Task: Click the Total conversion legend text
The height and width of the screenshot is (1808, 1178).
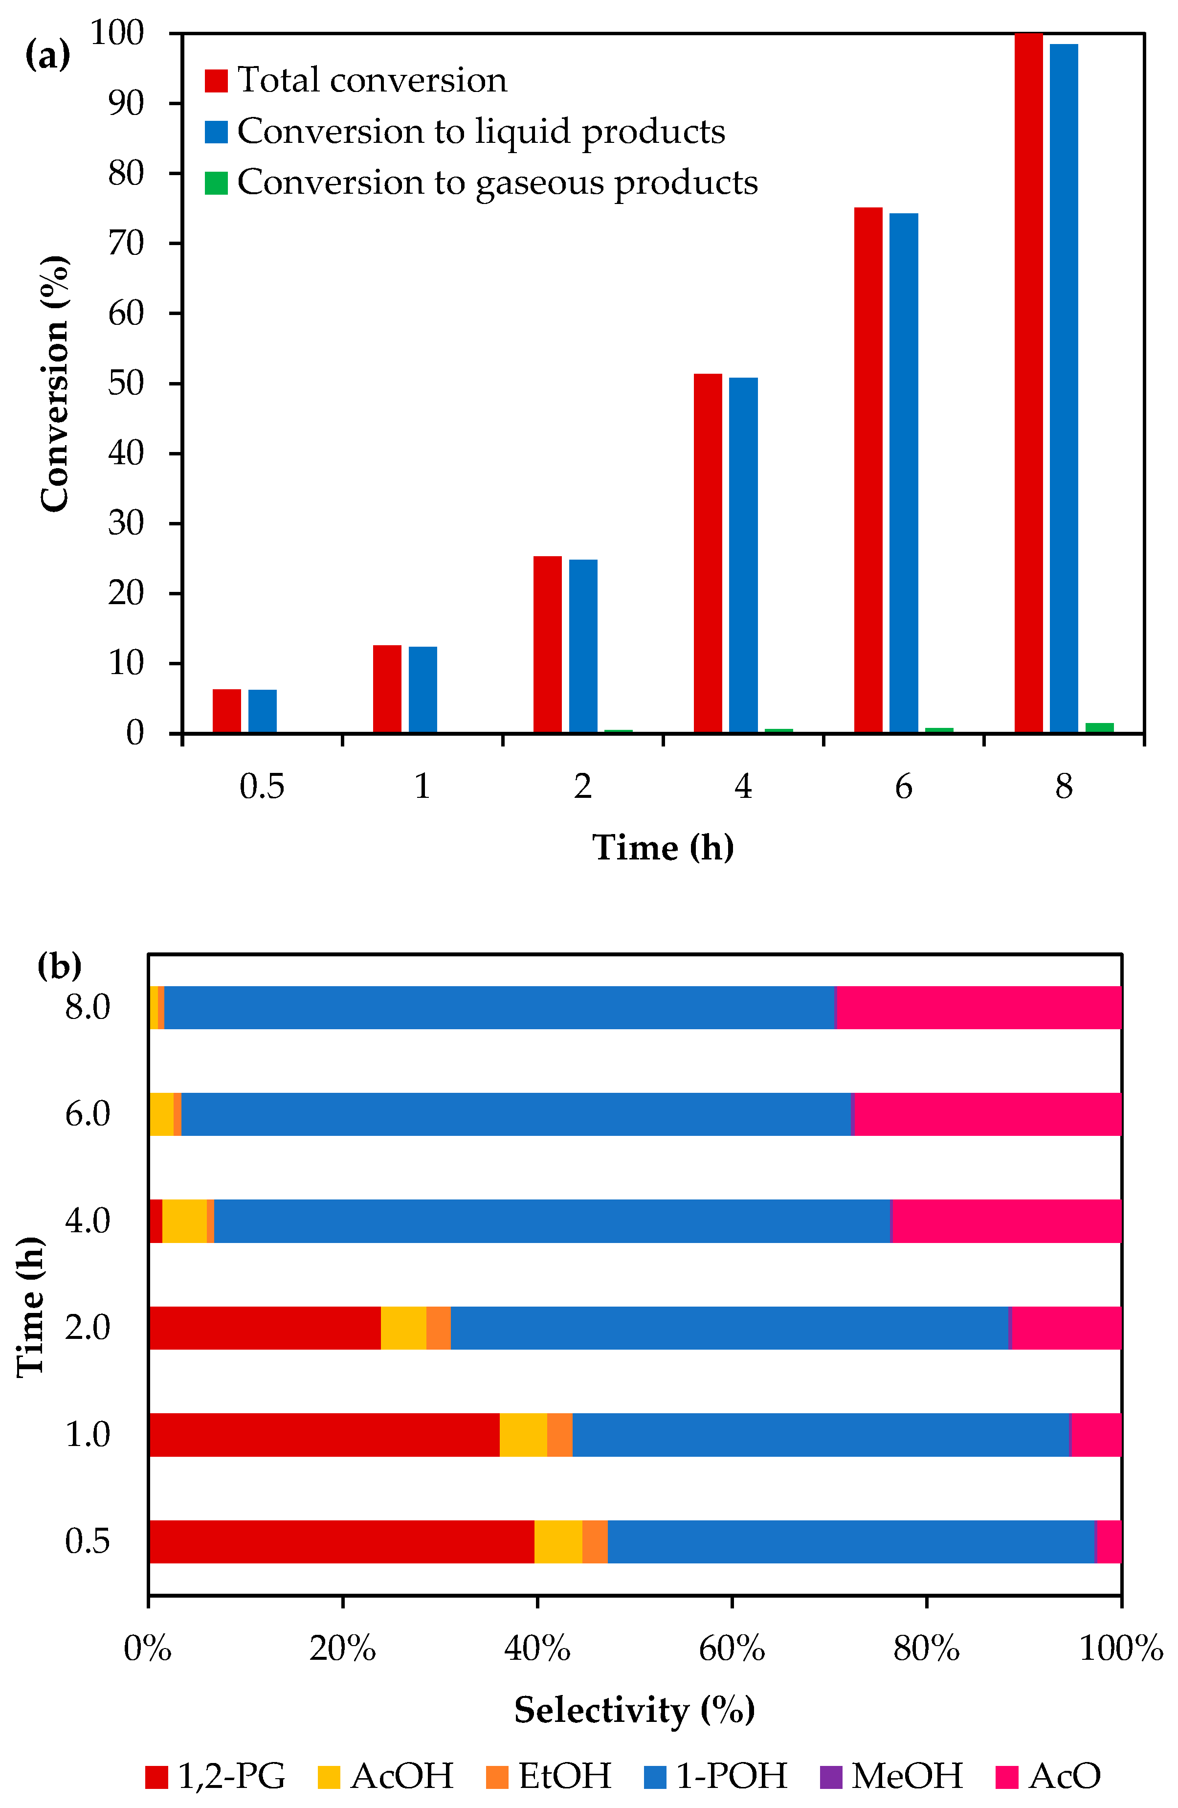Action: [372, 80]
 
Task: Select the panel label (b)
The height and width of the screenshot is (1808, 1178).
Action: [59, 966]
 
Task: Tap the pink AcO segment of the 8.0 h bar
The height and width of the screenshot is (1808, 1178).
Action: [978, 1007]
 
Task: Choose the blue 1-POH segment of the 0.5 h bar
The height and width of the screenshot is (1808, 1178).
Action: [851, 1541]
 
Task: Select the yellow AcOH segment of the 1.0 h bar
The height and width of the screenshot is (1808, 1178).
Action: [523, 1435]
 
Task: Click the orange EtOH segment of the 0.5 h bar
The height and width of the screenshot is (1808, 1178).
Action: [595, 1541]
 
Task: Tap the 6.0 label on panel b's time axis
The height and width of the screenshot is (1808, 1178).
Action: [88, 1114]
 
